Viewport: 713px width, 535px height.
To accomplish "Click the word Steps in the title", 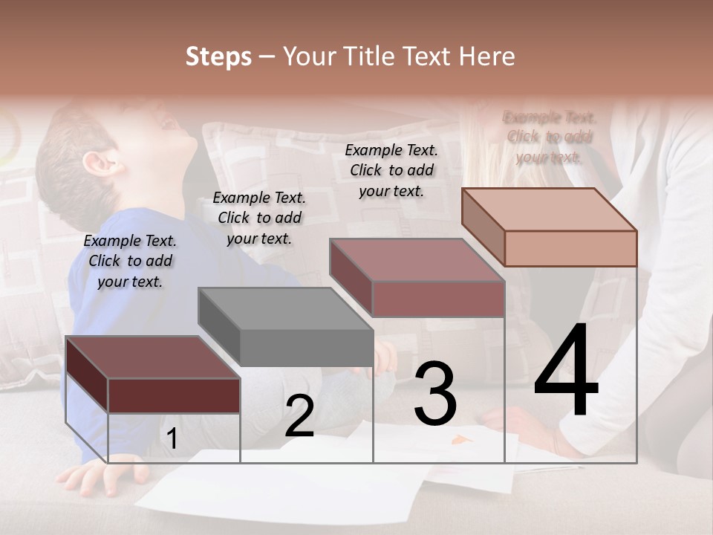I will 218,56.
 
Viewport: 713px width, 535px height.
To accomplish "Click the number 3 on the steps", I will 434,394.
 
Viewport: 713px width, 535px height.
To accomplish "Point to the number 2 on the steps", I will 299,416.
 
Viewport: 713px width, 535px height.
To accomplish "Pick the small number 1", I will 172,439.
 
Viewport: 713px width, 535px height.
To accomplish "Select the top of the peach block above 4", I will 550,209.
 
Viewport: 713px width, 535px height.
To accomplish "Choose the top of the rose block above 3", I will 417,259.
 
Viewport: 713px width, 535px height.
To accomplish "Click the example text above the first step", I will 130,261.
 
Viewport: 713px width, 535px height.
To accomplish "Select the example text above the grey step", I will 259,218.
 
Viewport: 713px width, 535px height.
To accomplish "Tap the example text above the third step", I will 391,170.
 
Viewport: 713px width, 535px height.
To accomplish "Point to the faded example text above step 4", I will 549,137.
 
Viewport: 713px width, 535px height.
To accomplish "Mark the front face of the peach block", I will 570,248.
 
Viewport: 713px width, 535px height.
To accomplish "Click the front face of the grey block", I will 307,348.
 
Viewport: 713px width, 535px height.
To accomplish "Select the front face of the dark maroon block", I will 174,395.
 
